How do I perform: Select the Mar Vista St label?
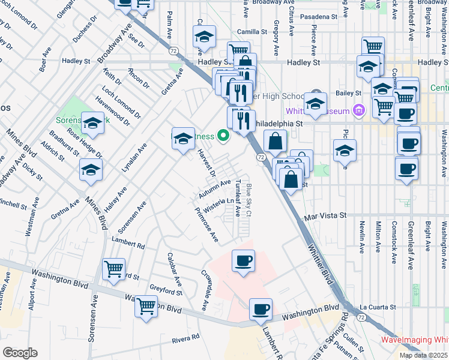coord(326,215)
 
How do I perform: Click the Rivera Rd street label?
coord(185,338)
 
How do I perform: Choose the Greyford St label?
coord(166,292)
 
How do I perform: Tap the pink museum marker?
coord(359,110)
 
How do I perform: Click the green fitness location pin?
coord(224,136)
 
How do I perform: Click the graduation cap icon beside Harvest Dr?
coord(183,139)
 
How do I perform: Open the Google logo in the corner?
coord(20,353)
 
